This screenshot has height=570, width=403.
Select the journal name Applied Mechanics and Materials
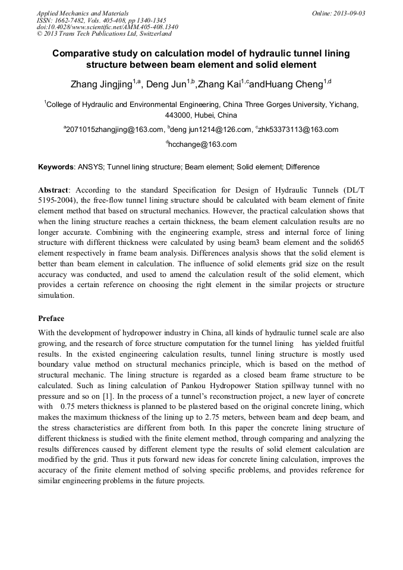point(82,12)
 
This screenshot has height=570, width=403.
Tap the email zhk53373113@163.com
point(299,130)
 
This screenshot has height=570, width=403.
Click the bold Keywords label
point(56,167)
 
